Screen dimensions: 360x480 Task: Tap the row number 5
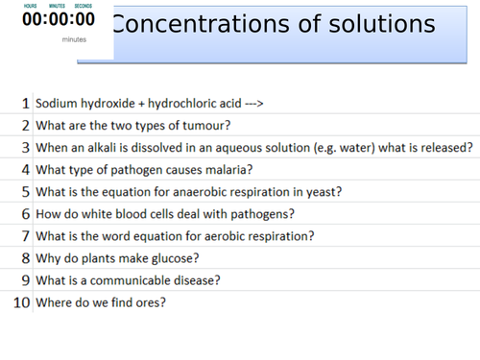pyautogui.click(x=26, y=192)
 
